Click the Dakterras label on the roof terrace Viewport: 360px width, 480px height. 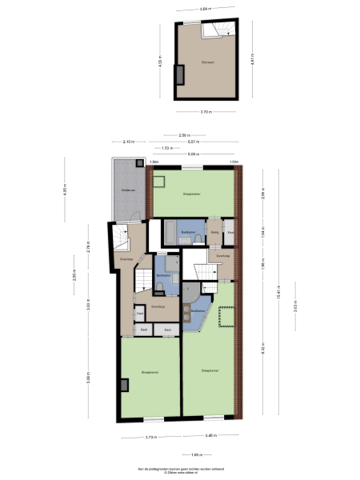click(x=127, y=190)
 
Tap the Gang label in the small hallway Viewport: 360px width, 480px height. click(x=214, y=233)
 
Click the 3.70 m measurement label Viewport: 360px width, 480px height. click(x=206, y=111)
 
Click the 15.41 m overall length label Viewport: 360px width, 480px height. click(x=277, y=295)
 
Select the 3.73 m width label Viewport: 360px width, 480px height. click(x=150, y=437)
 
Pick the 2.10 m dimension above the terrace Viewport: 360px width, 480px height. click(x=129, y=142)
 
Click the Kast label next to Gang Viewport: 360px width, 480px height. click(x=230, y=233)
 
